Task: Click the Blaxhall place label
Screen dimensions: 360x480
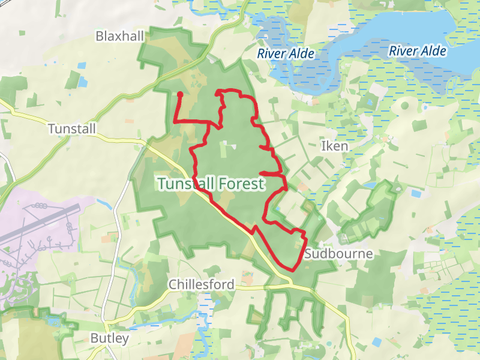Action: point(120,37)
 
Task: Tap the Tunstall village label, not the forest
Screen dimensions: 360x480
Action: point(71,128)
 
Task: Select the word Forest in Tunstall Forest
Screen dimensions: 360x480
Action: point(235,184)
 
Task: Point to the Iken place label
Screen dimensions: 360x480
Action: point(334,146)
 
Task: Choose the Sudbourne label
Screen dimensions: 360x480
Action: point(338,254)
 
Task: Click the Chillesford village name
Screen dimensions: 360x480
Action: point(202,284)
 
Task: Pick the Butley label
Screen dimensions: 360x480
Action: point(109,338)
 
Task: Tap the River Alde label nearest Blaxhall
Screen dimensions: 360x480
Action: point(286,54)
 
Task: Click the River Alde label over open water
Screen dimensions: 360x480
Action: point(417,51)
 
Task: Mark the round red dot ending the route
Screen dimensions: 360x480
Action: point(180,94)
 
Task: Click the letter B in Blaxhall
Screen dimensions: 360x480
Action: point(100,37)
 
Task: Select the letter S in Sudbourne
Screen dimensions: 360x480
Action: point(308,254)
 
